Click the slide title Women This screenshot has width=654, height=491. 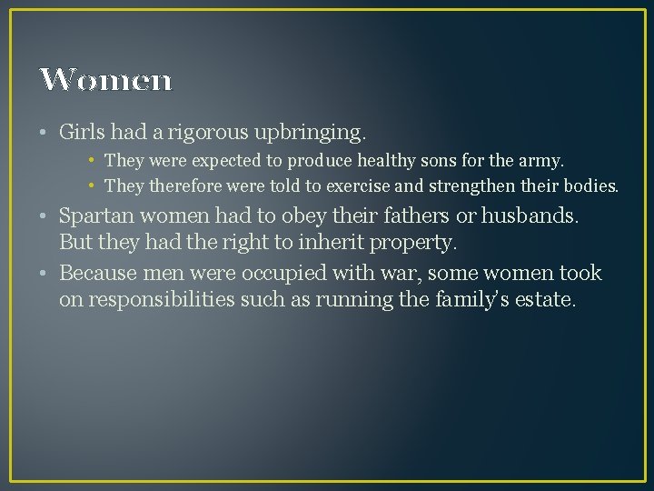(x=105, y=80)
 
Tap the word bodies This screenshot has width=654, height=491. (x=594, y=187)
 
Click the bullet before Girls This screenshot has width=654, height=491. (x=45, y=133)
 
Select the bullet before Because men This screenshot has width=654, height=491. (x=45, y=274)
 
